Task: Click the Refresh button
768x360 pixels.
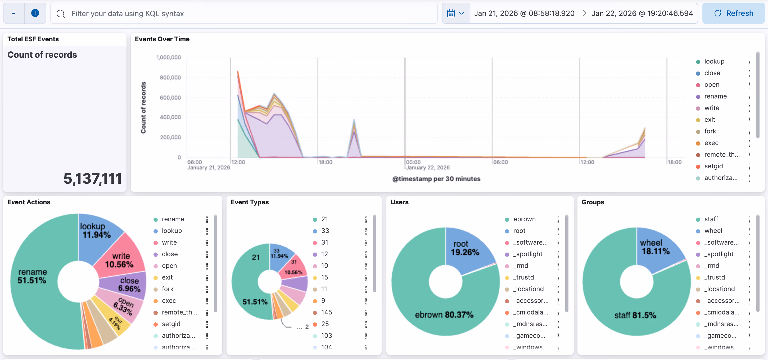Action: (733, 13)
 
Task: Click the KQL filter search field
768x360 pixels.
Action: (244, 13)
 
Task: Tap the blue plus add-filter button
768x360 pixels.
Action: (35, 13)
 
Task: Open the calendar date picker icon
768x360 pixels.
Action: (451, 13)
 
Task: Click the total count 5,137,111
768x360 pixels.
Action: (92, 179)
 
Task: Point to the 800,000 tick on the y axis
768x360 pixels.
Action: (170, 78)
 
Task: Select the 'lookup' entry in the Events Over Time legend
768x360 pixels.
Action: (714, 61)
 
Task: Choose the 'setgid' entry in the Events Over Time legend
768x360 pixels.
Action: (713, 166)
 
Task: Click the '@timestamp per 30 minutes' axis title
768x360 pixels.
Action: (436, 179)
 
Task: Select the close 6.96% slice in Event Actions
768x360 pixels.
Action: (128, 285)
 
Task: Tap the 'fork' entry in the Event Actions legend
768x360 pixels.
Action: (168, 289)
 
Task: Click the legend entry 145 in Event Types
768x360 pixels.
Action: (326, 312)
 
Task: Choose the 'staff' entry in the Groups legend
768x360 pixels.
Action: (711, 219)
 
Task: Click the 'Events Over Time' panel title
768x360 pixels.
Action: (162, 39)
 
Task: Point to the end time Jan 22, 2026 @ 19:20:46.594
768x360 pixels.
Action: (642, 13)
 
